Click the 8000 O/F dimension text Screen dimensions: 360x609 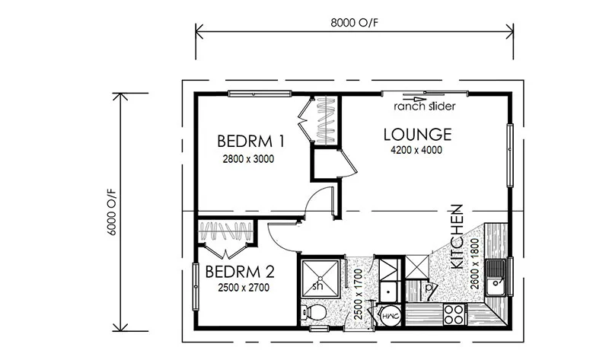[354, 21]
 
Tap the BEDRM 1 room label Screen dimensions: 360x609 [250, 141]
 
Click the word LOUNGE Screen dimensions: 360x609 [417, 135]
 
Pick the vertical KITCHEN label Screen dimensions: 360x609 [458, 235]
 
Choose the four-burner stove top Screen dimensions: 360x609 [454, 313]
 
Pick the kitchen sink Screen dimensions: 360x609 [497, 277]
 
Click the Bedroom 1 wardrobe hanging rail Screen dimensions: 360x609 [325, 120]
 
